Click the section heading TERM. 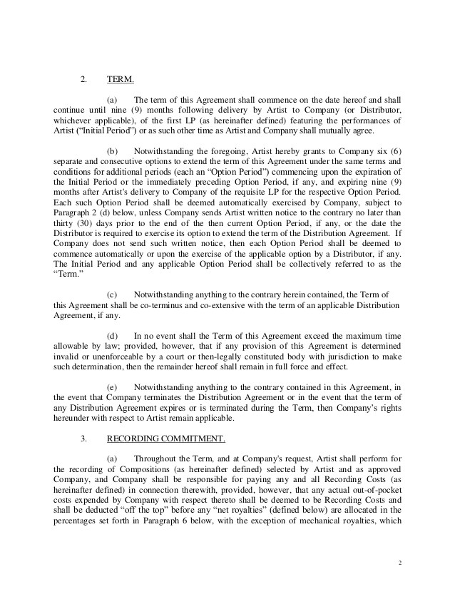tap(120, 78)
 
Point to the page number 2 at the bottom tap(399, 563)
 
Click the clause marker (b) tap(113, 152)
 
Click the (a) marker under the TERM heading tap(113, 100)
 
